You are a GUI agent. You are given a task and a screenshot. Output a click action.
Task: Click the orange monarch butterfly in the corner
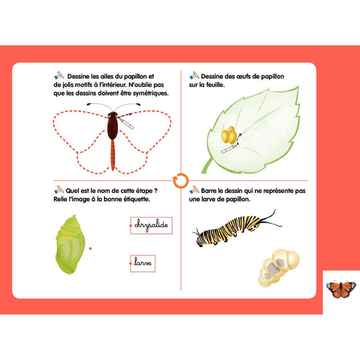pyautogui.click(x=341, y=289)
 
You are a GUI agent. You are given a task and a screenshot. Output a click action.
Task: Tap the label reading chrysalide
pyautogui.click(x=151, y=225)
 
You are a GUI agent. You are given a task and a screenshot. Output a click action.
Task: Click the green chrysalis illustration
pyautogui.click(x=69, y=244)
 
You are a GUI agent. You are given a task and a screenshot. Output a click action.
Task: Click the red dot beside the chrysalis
pyautogui.click(x=90, y=247)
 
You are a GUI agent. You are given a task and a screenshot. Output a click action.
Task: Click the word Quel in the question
pyautogui.click(x=74, y=190)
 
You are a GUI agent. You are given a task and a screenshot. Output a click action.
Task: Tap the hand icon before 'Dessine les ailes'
pyautogui.click(x=58, y=75)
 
